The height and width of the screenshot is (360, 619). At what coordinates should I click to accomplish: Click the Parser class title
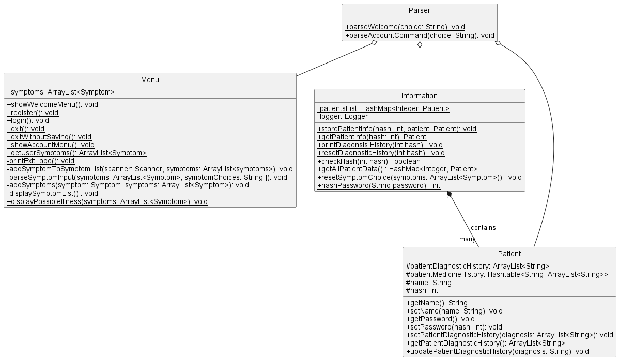tap(419, 10)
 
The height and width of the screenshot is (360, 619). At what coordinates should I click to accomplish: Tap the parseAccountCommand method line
tap(419, 36)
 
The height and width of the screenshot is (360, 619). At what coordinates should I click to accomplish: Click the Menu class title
tap(150, 80)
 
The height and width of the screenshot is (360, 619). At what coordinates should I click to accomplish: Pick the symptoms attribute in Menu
tap(61, 92)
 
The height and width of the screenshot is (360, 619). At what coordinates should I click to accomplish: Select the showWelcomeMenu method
tap(53, 104)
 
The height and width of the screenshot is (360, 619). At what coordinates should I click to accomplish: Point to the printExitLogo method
tap(41, 161)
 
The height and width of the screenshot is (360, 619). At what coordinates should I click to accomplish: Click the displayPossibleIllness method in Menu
tap(107, 202)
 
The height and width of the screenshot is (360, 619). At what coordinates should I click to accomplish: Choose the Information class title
tap(420, 96)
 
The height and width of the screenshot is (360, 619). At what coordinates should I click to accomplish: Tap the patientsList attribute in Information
tap(383, 108)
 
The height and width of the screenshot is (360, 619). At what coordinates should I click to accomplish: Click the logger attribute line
tap(343, 117)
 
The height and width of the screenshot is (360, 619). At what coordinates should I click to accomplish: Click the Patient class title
tap(509, 254)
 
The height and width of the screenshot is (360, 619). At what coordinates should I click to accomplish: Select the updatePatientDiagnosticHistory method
tap(498, 352)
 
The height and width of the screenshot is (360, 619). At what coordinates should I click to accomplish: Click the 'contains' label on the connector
tap(483, 228)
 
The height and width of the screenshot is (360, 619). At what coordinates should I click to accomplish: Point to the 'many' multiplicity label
tap(467, 239)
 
